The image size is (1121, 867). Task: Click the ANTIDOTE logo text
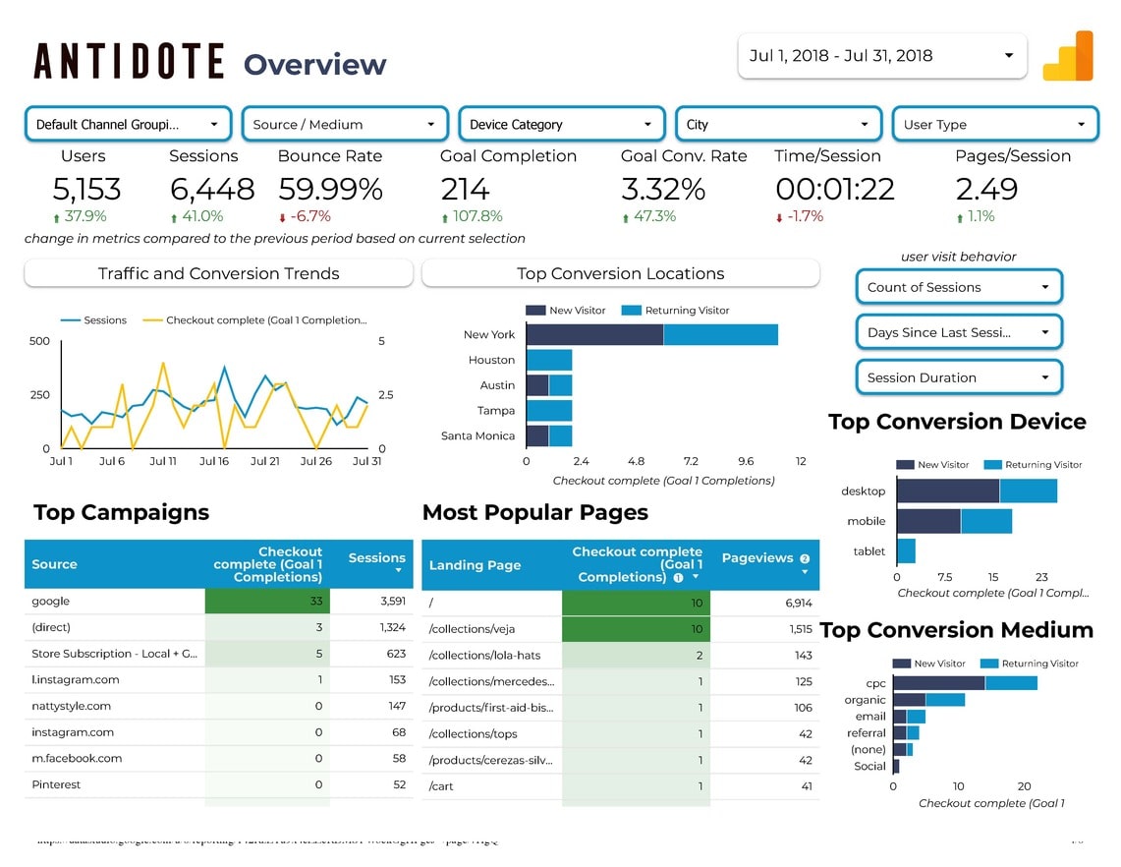pos(129,62)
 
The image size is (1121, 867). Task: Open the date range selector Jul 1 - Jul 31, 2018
pos(881,56)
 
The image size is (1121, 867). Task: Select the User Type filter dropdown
pos(994,125)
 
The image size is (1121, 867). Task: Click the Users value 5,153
pos(86,189)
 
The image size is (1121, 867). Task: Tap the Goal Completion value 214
pos(466,189)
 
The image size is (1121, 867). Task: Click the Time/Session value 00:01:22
pos(835,189)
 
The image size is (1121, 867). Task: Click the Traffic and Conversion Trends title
pos(218,274)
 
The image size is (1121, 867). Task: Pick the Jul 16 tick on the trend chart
pos(213,461)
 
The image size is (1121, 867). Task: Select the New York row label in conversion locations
pos(489,335)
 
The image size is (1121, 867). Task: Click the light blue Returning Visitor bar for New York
pos(720,334)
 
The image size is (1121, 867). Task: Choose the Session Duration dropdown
pos(958,377)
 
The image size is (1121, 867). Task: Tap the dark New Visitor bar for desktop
pos(947,491)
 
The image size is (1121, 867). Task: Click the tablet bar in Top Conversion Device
pos(906,550)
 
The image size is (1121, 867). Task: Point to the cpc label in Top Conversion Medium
pos(875,683)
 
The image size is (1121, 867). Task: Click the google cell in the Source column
pos(51,602)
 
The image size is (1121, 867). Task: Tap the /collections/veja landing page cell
pos(459,629)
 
